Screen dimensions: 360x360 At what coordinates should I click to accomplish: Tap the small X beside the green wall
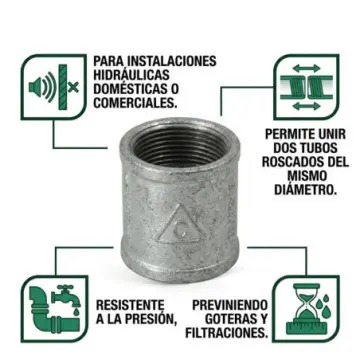tap(73, 88)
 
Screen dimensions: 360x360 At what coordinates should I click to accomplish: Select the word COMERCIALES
tap(135, 102)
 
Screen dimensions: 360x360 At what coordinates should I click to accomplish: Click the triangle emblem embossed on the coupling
tap(178, 224)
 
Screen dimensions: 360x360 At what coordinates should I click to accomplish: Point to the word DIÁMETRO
tap(305, 189)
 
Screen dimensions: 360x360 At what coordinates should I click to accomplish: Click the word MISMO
tap(305, 176)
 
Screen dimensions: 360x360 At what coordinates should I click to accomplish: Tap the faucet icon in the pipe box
tap(66, 298)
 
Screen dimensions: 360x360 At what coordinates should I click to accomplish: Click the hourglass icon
tap(306, 309)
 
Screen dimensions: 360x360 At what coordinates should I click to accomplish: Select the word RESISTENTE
tap(130, 305)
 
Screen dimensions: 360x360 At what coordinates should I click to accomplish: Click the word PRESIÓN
tap(149, 319)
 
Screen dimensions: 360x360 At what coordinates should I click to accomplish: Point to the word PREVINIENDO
tap(230, 305)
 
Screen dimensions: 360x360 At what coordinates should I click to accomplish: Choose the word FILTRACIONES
tap(227, 333)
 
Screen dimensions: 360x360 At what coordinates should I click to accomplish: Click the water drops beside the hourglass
tap(322, 303)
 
